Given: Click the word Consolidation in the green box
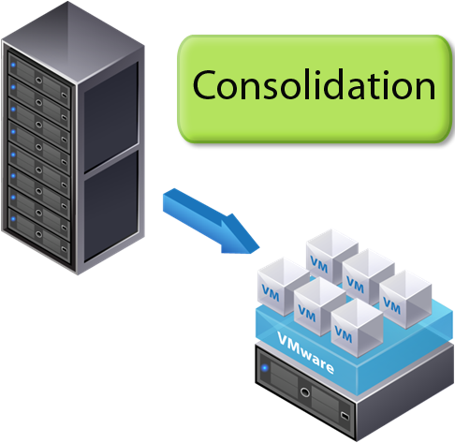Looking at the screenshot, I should (x=314, y=86).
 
